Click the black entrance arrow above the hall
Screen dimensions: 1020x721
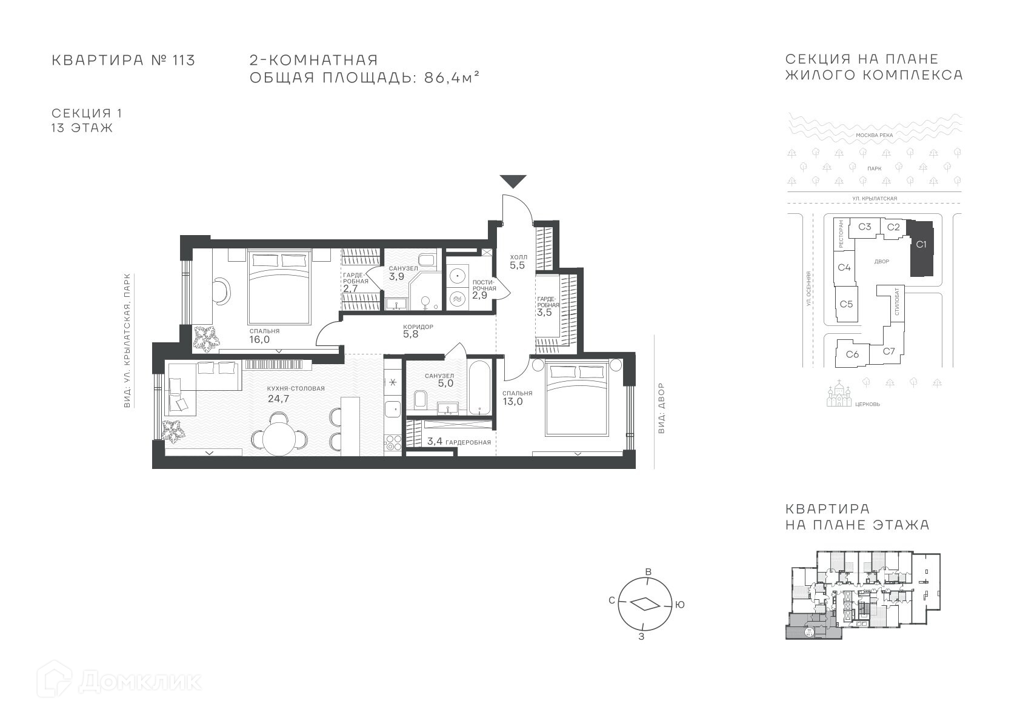tap(513, 181)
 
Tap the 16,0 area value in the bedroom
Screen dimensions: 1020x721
tap(259, 339)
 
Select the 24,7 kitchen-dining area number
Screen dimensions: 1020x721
tap(278, 399)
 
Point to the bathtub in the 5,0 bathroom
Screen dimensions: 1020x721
tap(479, 387)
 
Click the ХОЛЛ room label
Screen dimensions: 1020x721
tap(518, 257)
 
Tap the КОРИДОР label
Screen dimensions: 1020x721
tap(418, 327)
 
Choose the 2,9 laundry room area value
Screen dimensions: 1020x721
tap(479, 295)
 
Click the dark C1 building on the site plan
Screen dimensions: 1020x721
tap(921, 248)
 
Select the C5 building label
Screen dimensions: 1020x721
tap(846, 304)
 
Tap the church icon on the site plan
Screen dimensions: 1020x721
tap(839, 394)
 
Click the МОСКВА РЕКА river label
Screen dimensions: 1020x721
tap(875, 135)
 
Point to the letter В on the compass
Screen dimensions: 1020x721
tap(648, 572)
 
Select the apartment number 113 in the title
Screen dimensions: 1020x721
tap(184, 60)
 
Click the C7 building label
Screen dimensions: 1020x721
tap(889, 351)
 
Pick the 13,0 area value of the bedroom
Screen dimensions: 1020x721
tap(513, 402)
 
